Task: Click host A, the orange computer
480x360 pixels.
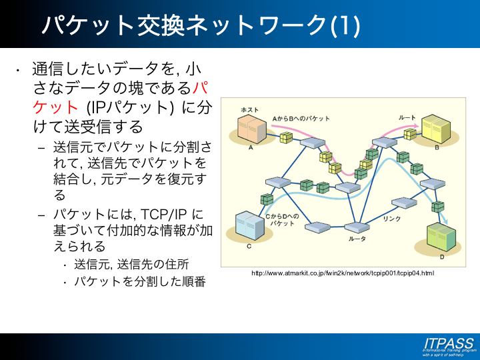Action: [x=252, y=129]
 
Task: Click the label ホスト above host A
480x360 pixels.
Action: [x=249, y=109]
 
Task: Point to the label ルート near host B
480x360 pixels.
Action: [x=407, y=117]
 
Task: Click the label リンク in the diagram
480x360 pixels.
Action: [x=392, y=218]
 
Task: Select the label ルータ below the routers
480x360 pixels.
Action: [x=357, y=238]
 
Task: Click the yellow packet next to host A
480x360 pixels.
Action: [x=286, y=137]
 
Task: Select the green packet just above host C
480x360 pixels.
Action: [x=267, y=198]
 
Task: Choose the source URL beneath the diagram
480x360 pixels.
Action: [x=343, y=273]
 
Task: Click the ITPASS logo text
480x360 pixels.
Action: [x=448, y=343]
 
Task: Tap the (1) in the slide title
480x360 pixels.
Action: [x=345, y=25]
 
